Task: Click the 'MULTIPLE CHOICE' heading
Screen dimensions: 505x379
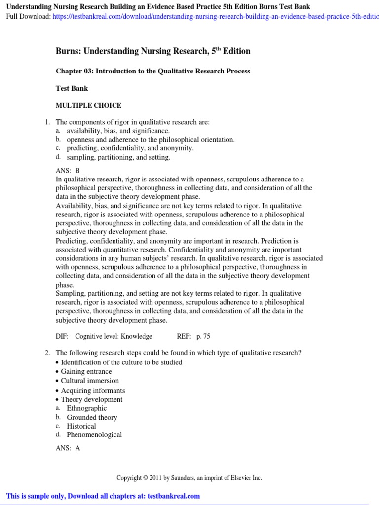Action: click(88, 105)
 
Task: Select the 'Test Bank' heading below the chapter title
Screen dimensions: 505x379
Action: click(72, 88)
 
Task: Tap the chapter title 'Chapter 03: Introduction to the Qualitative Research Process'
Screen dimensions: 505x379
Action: click(153, 71)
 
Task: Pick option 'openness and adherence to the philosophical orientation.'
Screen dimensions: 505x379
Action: click(151, 140)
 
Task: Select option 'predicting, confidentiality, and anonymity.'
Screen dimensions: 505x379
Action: click(130, 148)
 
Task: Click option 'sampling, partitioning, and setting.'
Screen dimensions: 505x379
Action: click(118, 157)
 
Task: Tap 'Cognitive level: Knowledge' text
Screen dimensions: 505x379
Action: click(114, 336)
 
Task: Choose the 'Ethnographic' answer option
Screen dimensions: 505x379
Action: click(87, 408)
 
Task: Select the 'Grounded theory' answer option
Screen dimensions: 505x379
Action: click(92, 417)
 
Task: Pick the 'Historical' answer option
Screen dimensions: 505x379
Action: click(81, 426)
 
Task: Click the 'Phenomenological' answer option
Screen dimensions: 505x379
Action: click(94, 435)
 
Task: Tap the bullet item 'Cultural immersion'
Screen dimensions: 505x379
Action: click(90, 381)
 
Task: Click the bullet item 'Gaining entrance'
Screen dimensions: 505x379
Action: click(86, 371)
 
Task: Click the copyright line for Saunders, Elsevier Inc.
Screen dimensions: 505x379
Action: click(189, 478)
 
